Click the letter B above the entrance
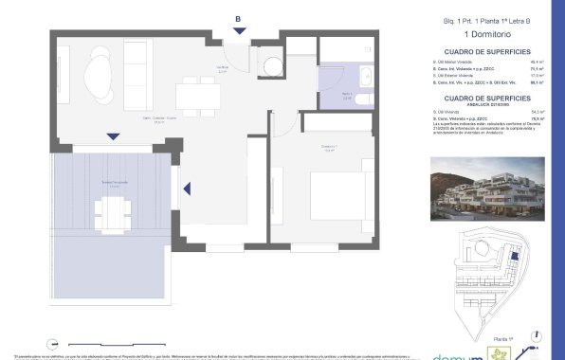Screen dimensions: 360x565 [238, 16]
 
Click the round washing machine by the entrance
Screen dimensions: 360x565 [273, 66]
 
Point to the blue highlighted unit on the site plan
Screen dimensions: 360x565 [512, 255]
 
